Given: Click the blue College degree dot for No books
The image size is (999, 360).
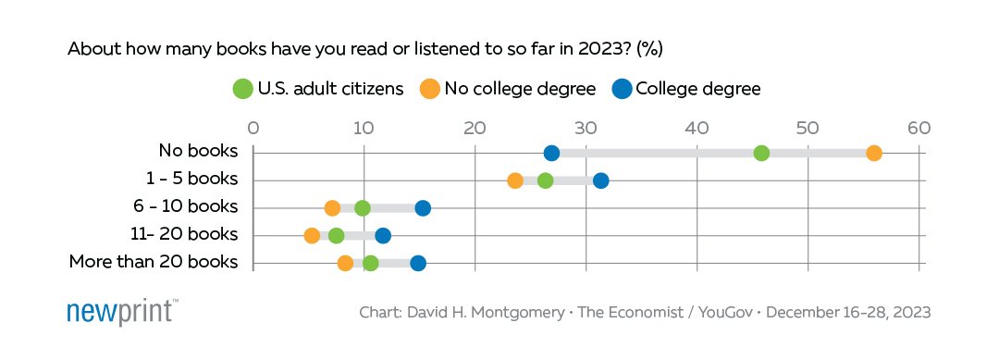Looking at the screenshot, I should [552, 153].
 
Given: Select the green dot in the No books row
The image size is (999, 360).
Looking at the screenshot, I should [761, 153].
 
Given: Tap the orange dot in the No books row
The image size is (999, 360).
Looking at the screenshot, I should [874, 153].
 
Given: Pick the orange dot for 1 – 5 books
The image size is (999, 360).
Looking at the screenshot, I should [515, 180].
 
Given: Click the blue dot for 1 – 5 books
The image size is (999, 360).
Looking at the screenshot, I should [601, 180].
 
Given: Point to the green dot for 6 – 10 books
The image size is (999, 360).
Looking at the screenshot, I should [362, 208].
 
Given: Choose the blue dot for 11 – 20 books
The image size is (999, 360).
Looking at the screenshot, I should [383, 236].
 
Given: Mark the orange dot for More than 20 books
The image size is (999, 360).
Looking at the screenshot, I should [345, 264].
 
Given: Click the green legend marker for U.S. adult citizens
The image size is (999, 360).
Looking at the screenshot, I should [243, 89].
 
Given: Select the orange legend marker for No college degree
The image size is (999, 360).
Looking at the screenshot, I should [429, 89].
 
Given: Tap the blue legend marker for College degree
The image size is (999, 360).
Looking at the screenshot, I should [622, 89].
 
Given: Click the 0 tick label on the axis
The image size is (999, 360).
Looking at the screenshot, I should [253, 127].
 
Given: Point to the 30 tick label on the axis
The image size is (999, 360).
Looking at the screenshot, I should [586, 127].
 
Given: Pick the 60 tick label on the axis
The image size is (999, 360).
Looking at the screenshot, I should [919, 127].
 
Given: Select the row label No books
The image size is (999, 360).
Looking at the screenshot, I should [198, 152].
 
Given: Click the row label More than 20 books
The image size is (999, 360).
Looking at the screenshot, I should [154, 263].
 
